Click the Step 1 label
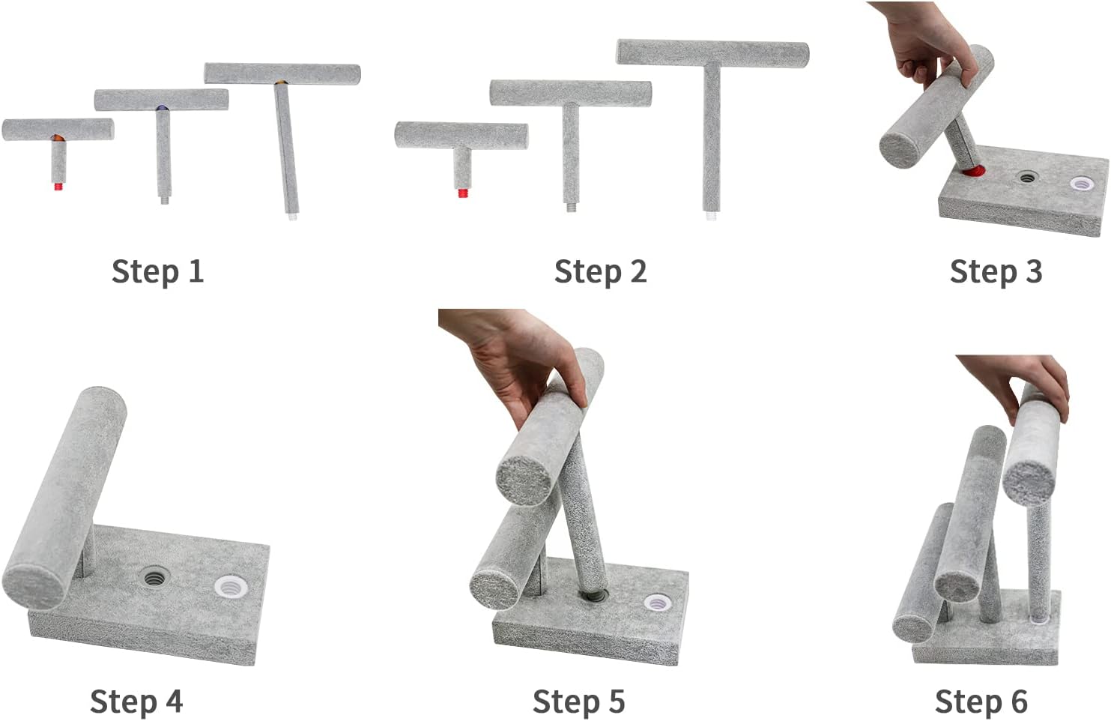click(158, 271)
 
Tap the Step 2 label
click(601, 271)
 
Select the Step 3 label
click(996, 271)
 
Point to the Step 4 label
click(136, 702)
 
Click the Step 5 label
click(579, 702)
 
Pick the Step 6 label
click(981, 702)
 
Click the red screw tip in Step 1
click(58, 187)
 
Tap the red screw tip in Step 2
click(463, 193)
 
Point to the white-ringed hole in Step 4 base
click(231, 587)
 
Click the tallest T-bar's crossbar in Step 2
click(712, 54)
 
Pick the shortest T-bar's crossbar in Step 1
click(58, 130)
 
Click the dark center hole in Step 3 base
click(1026, 177)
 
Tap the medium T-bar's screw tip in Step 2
click(571, 207)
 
